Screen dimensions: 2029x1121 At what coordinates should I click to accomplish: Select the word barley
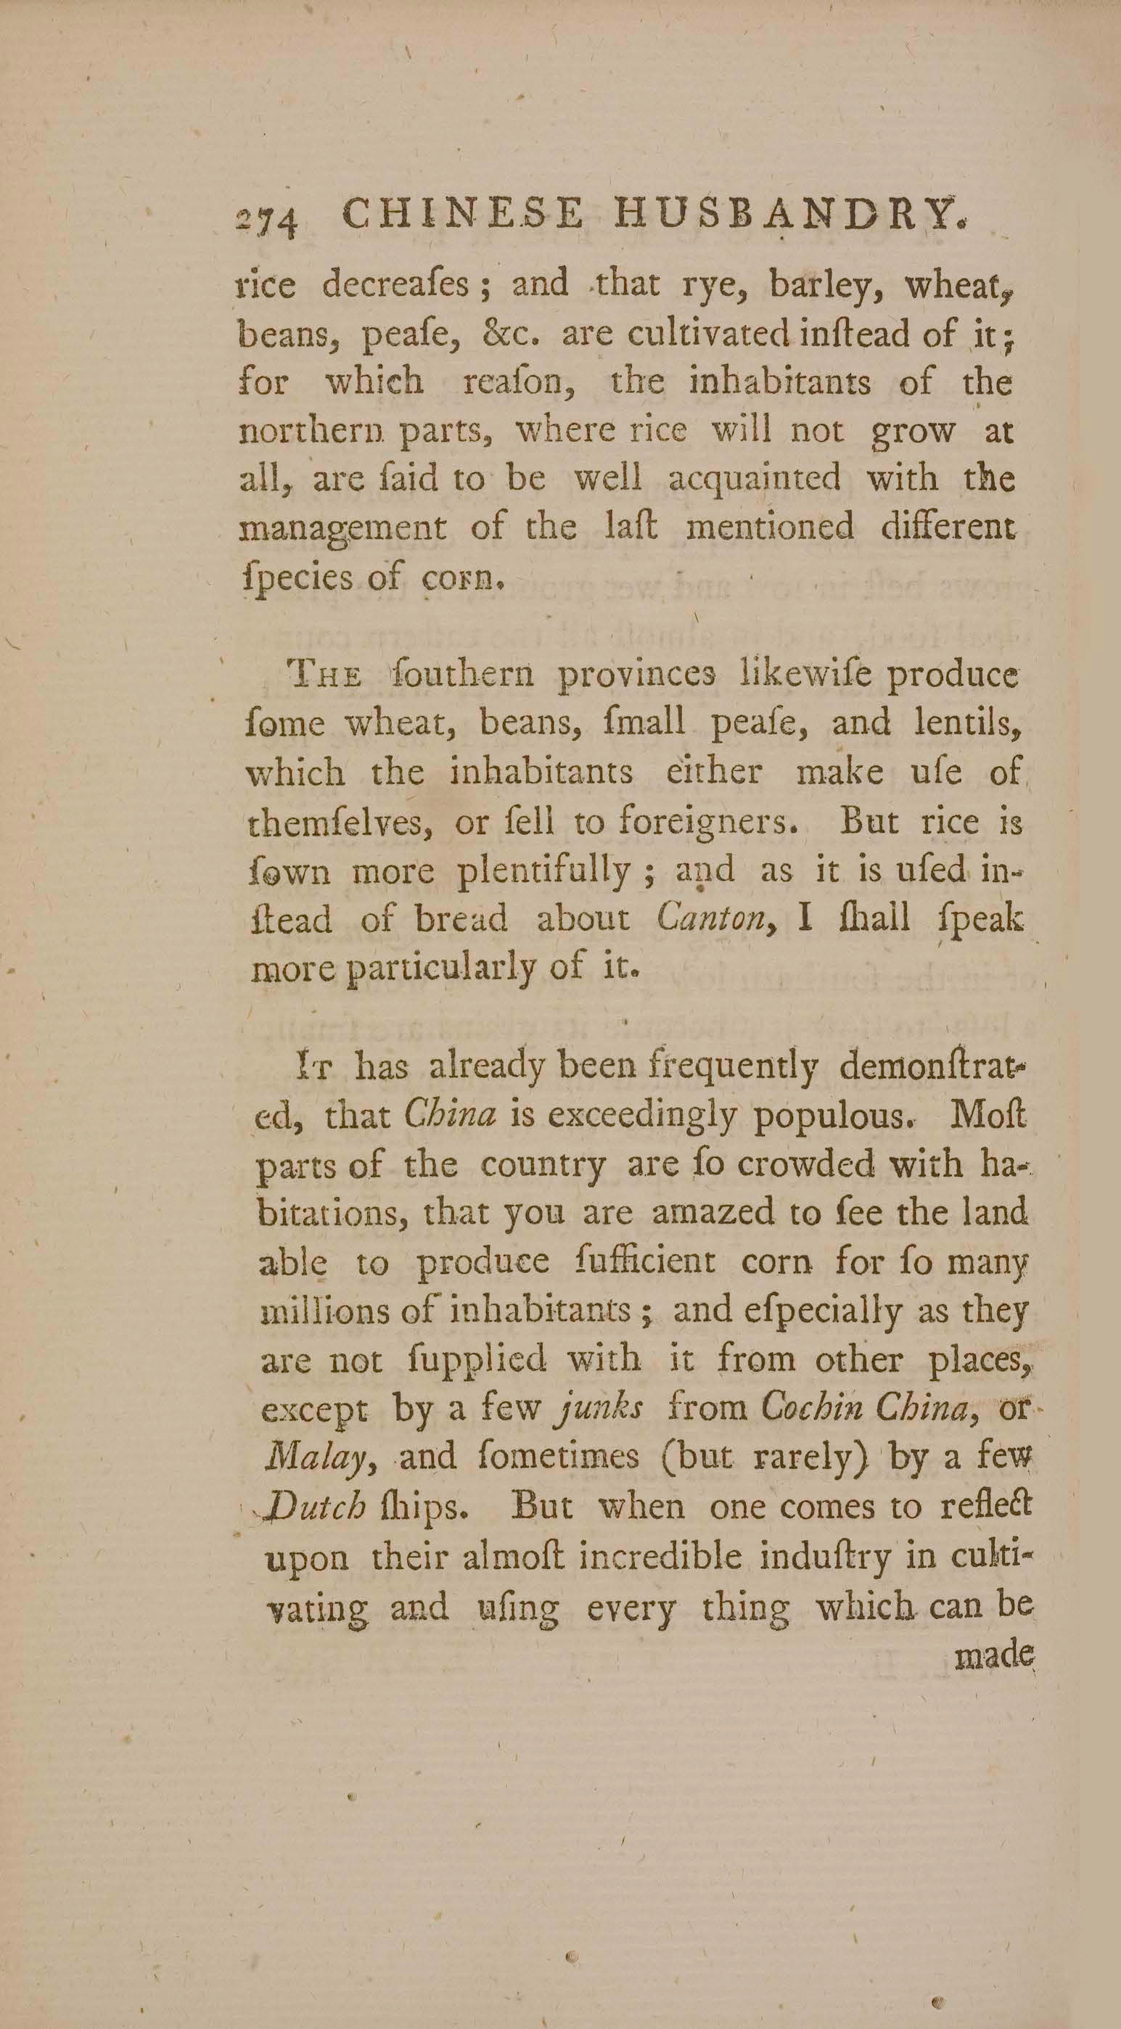click(824, 285)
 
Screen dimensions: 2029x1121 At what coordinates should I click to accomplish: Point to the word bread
click(461, 919)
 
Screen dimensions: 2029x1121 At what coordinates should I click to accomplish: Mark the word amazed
click(714, 1212)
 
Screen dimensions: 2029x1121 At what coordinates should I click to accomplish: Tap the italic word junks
click(599, 1409)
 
